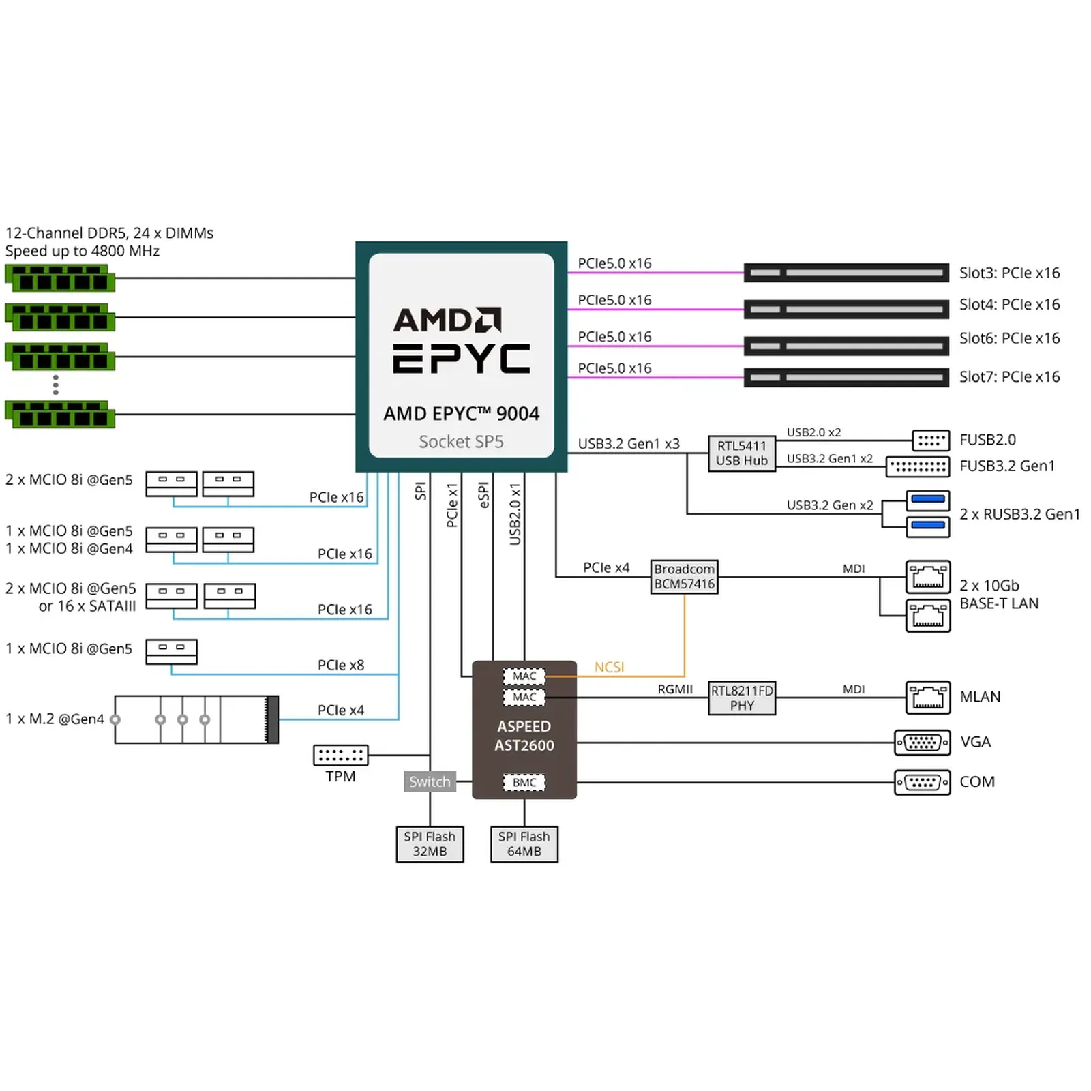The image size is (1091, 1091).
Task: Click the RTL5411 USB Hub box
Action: tap(741, 453)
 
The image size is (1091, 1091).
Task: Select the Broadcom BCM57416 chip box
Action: tap(684, 576)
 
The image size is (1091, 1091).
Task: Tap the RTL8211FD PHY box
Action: tap(742, 698)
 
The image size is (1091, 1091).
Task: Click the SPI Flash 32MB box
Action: tap(430, 844)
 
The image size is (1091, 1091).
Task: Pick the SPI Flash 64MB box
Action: tap(524, 844)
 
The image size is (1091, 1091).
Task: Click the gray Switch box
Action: tap(430, 781)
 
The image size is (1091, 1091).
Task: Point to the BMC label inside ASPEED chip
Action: tap(524, 782)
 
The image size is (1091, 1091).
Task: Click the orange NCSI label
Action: tap(609, 667)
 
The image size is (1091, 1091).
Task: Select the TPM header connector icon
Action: tap(340, 755)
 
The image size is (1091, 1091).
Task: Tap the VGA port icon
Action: tap(922, 742)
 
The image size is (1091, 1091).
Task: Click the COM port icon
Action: tap(922, 782)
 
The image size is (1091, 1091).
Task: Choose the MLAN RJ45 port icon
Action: tap(927, 697)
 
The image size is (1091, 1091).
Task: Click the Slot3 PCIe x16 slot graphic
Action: tap(846, 273)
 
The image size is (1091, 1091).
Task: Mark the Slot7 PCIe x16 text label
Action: tap(1009, 376)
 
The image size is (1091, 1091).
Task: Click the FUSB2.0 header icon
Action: tap(931, 440)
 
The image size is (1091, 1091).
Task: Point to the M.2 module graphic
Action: tap(196, 719)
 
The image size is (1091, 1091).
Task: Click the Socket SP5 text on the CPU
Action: tap(461, 442)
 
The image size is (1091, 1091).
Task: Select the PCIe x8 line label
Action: tap(341, 665)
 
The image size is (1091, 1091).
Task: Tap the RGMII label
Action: tap(675, 689)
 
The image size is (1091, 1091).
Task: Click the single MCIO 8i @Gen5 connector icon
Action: tap(171, 651)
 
